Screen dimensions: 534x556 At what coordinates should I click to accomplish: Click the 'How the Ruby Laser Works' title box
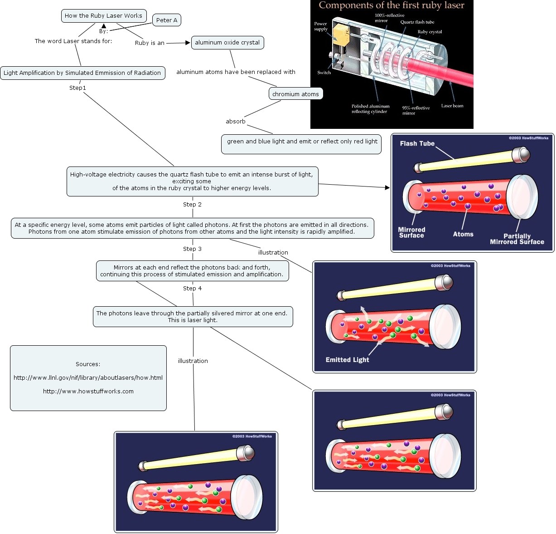103,15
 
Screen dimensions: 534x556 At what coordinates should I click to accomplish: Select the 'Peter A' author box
167,20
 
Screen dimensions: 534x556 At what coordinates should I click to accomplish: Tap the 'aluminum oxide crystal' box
227,43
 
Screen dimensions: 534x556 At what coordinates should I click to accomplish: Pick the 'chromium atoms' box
295,94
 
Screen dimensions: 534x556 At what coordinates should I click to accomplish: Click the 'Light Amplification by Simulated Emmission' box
82,73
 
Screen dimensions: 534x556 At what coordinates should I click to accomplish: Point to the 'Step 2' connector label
192,205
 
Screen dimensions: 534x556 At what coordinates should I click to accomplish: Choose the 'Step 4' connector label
192,289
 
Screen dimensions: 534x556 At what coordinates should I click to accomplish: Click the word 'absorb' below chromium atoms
236,122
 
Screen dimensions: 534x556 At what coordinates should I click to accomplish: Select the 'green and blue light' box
302,142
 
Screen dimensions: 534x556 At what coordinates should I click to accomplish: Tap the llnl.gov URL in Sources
88,377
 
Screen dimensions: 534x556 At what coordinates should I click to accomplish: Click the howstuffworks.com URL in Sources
88,392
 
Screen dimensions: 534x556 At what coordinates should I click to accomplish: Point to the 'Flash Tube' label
417,144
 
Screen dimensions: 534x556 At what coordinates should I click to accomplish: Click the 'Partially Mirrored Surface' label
517,239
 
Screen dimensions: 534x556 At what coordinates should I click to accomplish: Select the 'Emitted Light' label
347,360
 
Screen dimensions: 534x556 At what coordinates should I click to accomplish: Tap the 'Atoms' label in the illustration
463,234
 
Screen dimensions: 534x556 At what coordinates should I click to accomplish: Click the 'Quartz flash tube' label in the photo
417,22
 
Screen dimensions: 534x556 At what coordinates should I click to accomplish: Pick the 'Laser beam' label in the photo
452,106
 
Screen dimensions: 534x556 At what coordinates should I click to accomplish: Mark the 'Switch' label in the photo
324,73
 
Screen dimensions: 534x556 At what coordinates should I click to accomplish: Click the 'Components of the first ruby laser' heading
392,5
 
